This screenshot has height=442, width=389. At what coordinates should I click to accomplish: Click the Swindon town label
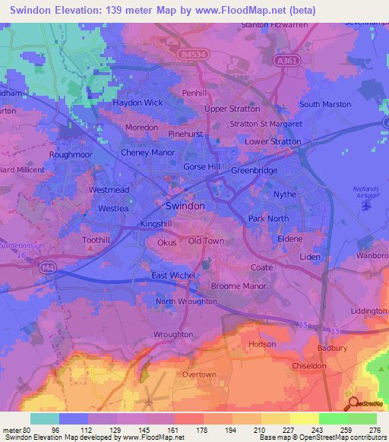click(x=185, y=206)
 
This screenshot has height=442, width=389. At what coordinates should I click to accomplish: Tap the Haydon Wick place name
click(x=138, y=103)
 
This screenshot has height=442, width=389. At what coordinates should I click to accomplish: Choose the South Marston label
click(x=326, y=105)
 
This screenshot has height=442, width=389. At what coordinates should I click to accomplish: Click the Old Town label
click(x=206, y=242)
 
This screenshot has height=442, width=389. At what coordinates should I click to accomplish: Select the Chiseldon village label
click(x=309, y=365)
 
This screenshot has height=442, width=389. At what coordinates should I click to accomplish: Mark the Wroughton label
click(x=172, y=334)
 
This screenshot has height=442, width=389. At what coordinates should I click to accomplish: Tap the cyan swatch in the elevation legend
click(x=45, y=418)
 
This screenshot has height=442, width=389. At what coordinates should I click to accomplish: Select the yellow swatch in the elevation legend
click(x=305, y=418)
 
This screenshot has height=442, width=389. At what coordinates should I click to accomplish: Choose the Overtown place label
click(x=198, y=374)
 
